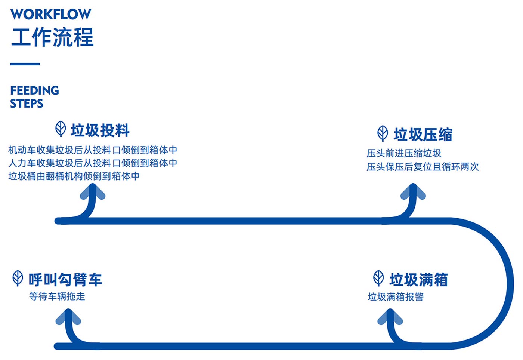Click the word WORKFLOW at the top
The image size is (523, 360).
pyautogui.click(x=50, y=14)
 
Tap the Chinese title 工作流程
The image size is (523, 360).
pyautogui.click(x=52, y=37)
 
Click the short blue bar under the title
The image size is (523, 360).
pyautogui.click(x=25, y=64)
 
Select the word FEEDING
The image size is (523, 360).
pyautogui.click(x=34, y=90)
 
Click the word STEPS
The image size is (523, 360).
pyautogui.click(x=27, y=104)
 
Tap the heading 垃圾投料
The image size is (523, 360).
pyautogui.click(x=100, y=130)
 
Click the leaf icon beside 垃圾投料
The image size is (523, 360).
pyautogui.click(x=61, y=129)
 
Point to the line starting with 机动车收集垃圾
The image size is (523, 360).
pyautogui.click(x=93, y=150)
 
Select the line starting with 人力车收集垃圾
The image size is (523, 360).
pyautogui.click(x=93, y=163)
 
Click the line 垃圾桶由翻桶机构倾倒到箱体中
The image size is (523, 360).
pyautogui.click(x=74, y=176)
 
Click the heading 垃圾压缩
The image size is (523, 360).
pyautogui.click(x=423, y=135)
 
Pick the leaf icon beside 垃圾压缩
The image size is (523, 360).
pyautogui.click(x=383, y=133)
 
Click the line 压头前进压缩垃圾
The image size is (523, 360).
pyautogui.click(x=404, y=153)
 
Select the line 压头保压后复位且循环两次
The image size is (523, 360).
pyautogui.click(x=423, y=167)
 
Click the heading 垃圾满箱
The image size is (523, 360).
pyautogui.click(x=418, y=280)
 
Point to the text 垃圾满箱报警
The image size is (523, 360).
pyautogui.click(x=396, y=297)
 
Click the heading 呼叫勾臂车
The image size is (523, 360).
pyautogui.click(x=65, y=280)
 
